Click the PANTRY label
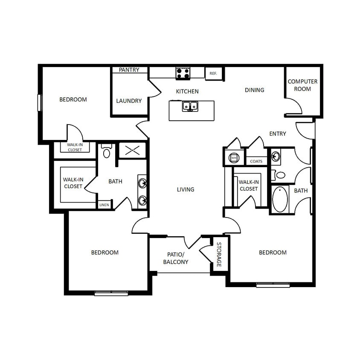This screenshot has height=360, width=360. (129, 70)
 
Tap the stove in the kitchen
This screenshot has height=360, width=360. (183, 73)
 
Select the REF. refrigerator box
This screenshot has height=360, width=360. (213, 73)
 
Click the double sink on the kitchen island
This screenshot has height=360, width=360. (190, 105)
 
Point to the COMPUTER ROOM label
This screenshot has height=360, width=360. (302, 85)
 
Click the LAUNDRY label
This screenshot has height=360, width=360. (129, 101)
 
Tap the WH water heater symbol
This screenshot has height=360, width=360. (234, 158)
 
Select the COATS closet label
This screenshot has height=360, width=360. (256, 161)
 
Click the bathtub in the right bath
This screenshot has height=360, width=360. (280, 199)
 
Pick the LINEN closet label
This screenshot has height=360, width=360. (104, 205)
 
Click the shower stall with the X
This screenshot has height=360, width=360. (132, 150)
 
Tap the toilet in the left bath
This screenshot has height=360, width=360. (107, 152)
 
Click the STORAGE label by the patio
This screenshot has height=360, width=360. (219, 255)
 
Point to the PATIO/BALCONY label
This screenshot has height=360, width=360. (176, 258)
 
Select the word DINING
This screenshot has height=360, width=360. (255, 90)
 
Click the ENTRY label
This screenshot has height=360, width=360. (278, 134)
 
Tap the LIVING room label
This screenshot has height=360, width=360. (186, 189)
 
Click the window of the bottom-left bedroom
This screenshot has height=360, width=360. (111, 293)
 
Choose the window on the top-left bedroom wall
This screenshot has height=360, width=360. (40, 102)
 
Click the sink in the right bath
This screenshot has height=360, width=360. (276, 157)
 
